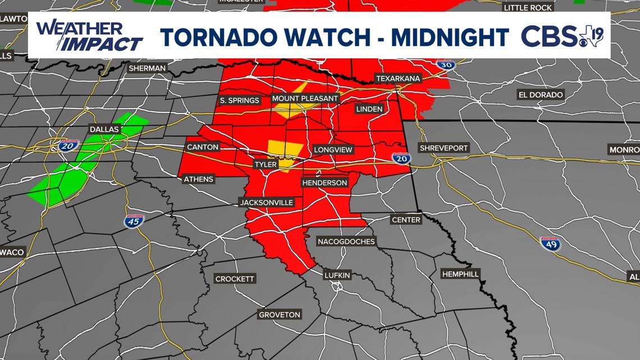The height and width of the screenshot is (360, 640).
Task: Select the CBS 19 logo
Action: (x=562, y=37)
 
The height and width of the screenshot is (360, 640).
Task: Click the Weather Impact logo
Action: (x=89, y=36)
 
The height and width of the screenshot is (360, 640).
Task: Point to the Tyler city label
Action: (x=266, y=165)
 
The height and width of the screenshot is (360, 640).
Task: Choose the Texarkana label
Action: (x=398, y=79)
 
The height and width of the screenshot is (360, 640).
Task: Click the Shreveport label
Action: (x=444, y=148)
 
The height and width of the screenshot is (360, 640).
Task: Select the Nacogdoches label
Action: (x=346, y=241)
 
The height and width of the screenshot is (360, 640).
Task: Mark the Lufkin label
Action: (x=337, y=275)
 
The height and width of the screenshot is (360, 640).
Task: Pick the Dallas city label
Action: (x=104, y=129)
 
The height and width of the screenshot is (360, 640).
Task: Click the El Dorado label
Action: (x=541, y=95)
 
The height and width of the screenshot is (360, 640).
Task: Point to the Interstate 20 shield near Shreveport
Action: (x=400, y=159)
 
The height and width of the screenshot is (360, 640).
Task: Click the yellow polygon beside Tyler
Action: (x=282, y=151)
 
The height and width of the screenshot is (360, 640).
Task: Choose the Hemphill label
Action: (x=460, y=274)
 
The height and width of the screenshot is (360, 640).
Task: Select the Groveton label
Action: (x=280, y=315)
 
